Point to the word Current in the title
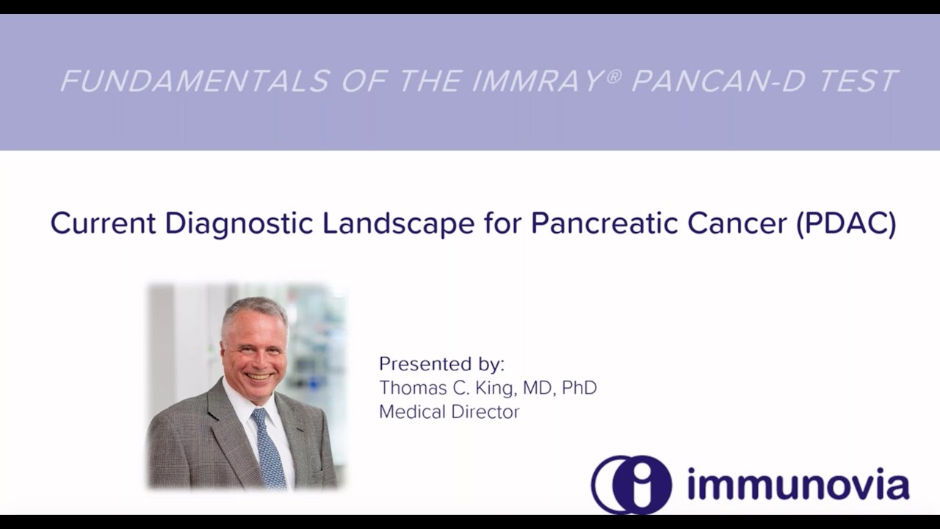103,223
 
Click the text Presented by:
441,364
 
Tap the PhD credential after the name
579,387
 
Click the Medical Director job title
449,411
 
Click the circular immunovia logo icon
631,484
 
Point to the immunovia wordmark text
798,485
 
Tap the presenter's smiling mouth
258,376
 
